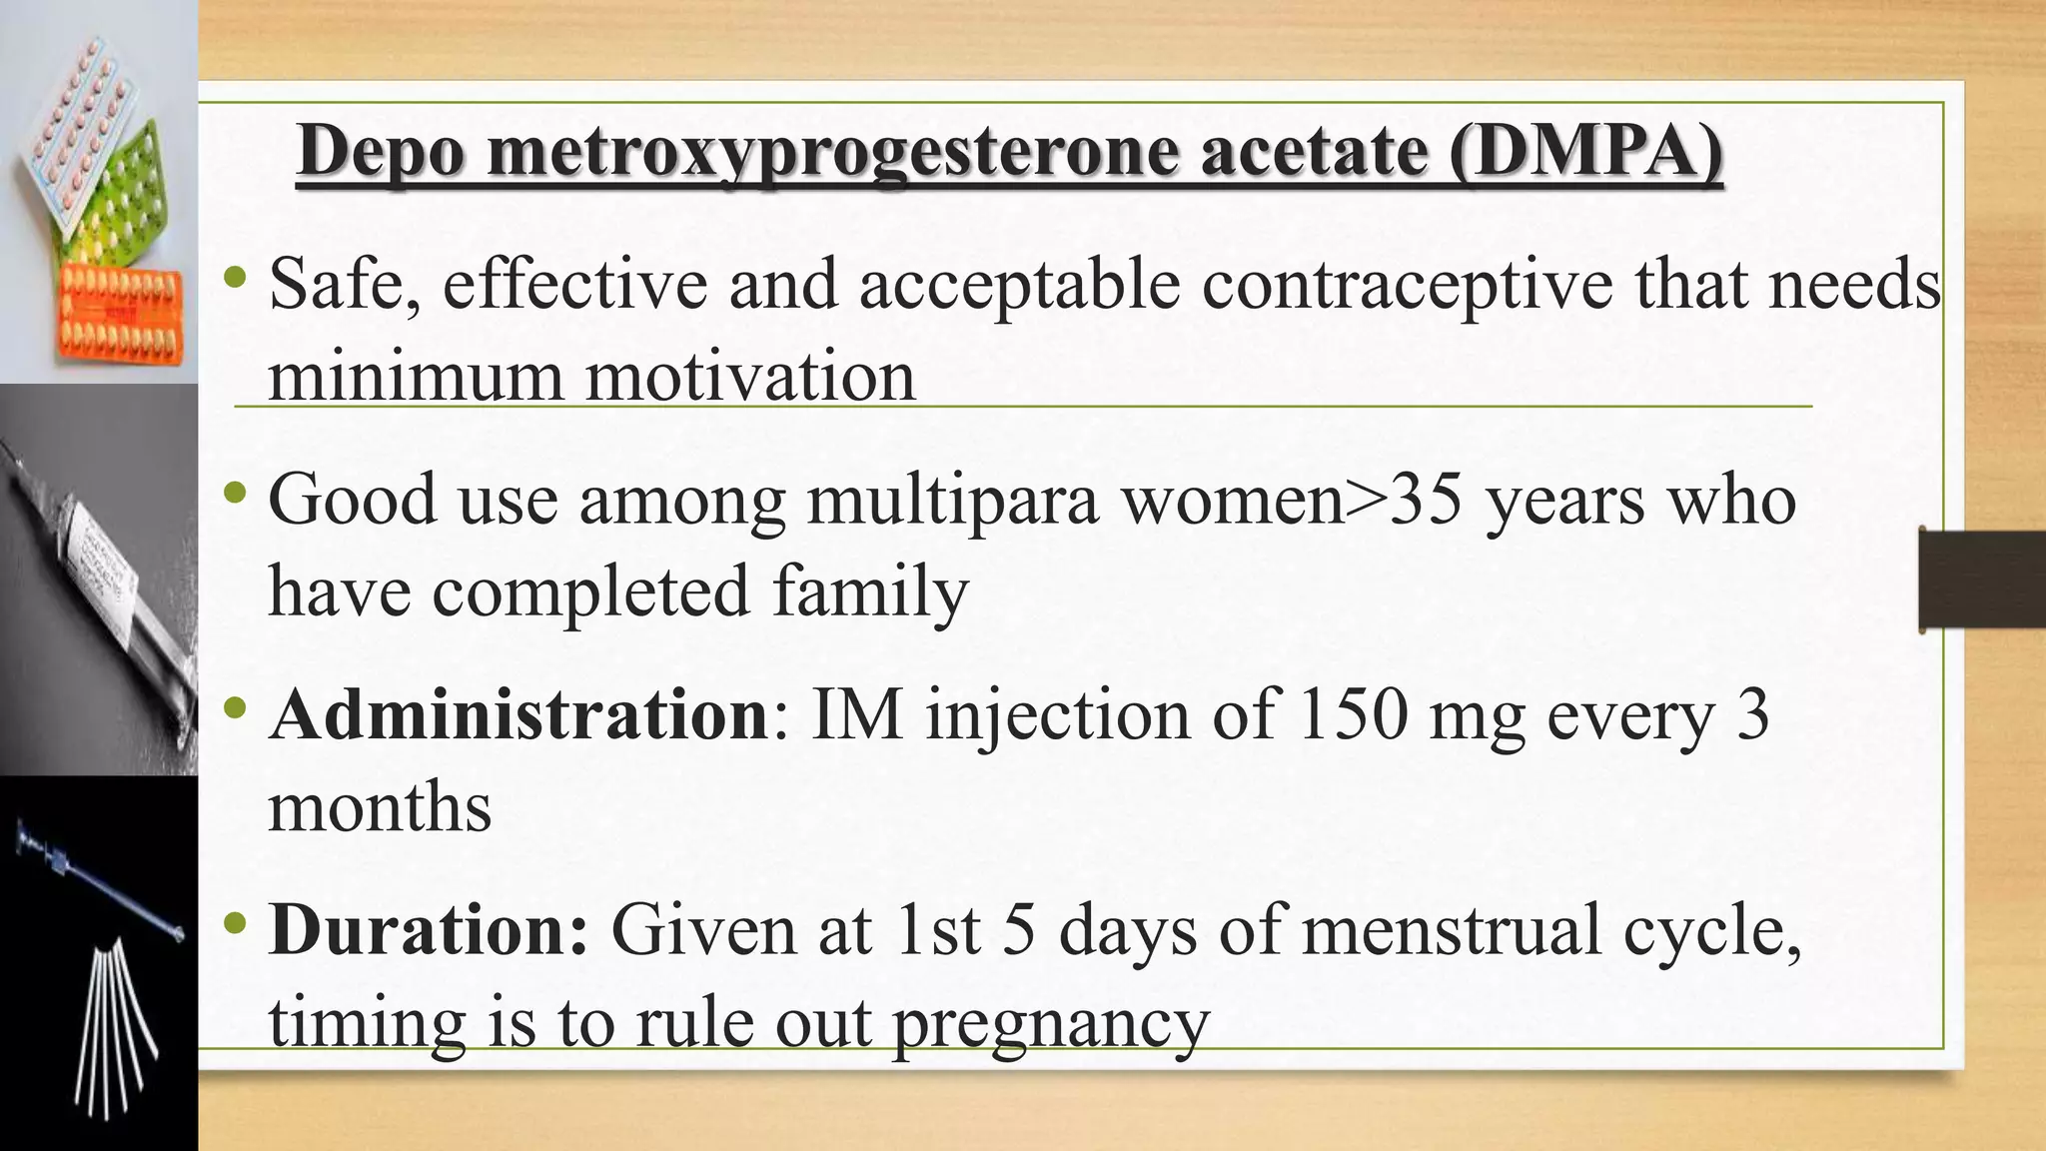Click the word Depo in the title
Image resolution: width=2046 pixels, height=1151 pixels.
point(381,152)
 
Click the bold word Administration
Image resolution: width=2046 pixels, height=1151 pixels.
point(518,715)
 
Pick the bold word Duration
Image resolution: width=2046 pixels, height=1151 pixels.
point(429,930)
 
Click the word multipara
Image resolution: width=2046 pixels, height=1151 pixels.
point(952,500)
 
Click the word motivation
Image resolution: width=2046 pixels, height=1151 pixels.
point(750,377)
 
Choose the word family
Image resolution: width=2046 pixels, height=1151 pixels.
point(869,591)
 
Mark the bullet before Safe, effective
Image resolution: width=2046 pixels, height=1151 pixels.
point(236,277)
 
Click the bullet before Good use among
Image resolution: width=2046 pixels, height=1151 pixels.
point(236,492)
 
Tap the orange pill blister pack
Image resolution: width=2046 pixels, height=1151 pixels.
point(120,315)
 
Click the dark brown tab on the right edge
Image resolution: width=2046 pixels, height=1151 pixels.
point(1982,579)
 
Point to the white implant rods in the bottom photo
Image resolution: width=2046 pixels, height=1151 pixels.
point(110,1029)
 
